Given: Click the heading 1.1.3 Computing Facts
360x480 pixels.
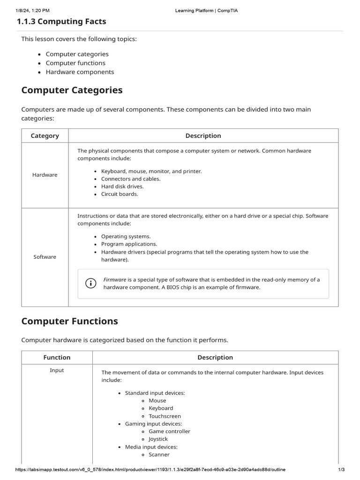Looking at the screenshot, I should point(61,22).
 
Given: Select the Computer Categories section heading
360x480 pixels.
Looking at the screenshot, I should point(72,90).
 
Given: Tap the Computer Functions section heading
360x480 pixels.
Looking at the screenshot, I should point(69,321).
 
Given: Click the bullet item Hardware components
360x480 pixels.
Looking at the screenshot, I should point(80,72).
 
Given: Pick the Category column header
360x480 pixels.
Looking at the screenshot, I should point(45,136).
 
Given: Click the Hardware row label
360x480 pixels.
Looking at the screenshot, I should point(45,175).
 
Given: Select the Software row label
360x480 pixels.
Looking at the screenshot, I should point(45,257).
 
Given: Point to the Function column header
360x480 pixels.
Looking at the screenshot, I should point(57,357).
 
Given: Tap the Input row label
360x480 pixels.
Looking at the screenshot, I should point(57,370).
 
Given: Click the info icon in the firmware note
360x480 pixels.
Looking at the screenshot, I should point(90,283).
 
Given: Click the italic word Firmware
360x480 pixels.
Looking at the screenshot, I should point(115,279).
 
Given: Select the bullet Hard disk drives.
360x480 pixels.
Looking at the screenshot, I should point(122,186).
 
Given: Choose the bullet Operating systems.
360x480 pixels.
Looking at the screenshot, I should point(126,236).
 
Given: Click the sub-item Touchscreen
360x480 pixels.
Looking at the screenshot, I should point(165,416).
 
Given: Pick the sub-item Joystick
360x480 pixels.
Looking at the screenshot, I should point(158,439).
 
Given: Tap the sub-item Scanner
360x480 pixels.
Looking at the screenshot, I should point(159,454).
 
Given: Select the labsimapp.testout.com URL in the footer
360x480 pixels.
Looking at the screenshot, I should point(150,470).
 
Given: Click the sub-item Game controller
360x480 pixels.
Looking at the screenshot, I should point(169,431).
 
